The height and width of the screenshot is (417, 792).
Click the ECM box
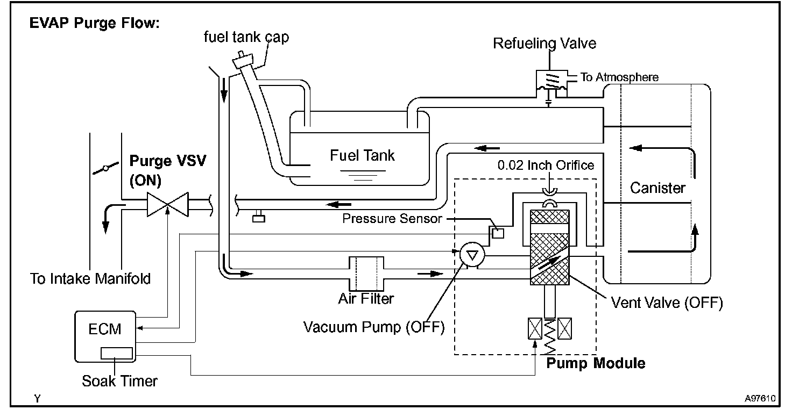pos(105,336)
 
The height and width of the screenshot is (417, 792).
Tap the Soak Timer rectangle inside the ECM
pos(117,353)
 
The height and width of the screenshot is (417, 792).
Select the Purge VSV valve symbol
pos(168,204)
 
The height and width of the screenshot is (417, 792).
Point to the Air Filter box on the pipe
pos(366,274)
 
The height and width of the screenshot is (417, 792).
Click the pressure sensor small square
pos(498,233)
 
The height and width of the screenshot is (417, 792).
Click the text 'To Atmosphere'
pos(619,77)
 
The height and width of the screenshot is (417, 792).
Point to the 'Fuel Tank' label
pos(362,155)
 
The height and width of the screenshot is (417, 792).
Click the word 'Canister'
pos(657,188)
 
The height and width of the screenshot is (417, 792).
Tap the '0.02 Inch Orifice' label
pos(546,165)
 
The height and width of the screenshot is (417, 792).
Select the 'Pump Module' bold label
pos(596,363)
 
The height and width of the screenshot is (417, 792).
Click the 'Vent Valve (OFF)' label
pos(667,303)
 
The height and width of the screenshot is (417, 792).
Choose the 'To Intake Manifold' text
pos(90,278)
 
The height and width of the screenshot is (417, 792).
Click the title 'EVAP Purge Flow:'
pos(94,23)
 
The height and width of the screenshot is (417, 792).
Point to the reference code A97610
pos(760,399)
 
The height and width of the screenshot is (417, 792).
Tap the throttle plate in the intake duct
pos(105,168)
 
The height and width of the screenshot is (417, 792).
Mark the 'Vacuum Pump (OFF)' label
pos(374,327)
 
